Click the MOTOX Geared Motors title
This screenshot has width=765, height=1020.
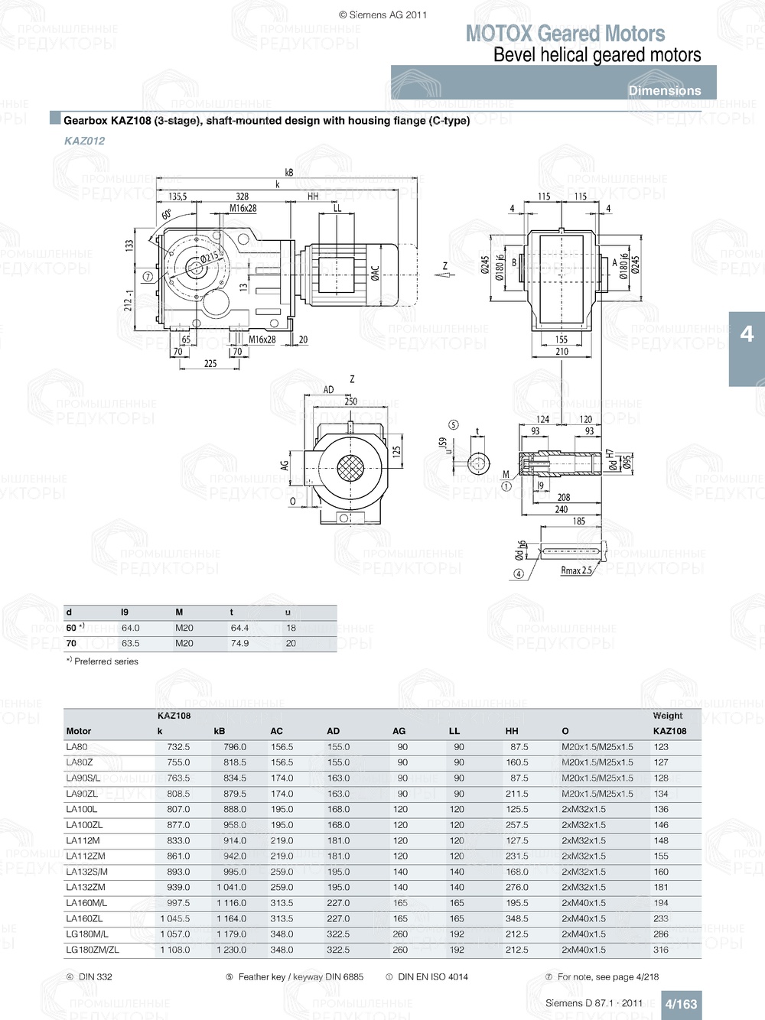tap(565, 34)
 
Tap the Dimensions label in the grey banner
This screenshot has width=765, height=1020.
tap(664, 90)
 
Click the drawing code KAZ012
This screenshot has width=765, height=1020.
tap(85, 141)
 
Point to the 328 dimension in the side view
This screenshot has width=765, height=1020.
tap(243, 197)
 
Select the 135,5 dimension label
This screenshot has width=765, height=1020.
tap(177, 197)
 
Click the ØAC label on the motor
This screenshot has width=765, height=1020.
tap(375, 273)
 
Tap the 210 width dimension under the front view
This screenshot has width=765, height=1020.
tap(562, 352)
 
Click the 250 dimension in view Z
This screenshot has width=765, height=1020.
tap(350, 401)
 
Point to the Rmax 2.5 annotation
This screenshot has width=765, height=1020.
tap(576, 570)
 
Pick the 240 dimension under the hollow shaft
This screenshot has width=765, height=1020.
tap(562, 509)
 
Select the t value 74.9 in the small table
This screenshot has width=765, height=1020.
tap(239, 644)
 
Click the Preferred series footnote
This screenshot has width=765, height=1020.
tap(106, 661)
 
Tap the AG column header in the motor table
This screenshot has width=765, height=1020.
tap(399, 731)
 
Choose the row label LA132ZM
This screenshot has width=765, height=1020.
tap(86, 888)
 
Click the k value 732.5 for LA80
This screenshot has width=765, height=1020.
tap(178, 747)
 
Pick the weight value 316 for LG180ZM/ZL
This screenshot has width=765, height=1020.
tap(661, 950)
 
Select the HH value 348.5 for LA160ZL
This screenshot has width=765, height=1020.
tap(516, 919)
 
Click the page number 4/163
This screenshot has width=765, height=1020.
tap(681, 1004)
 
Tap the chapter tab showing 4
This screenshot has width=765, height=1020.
tap(747, 334)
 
